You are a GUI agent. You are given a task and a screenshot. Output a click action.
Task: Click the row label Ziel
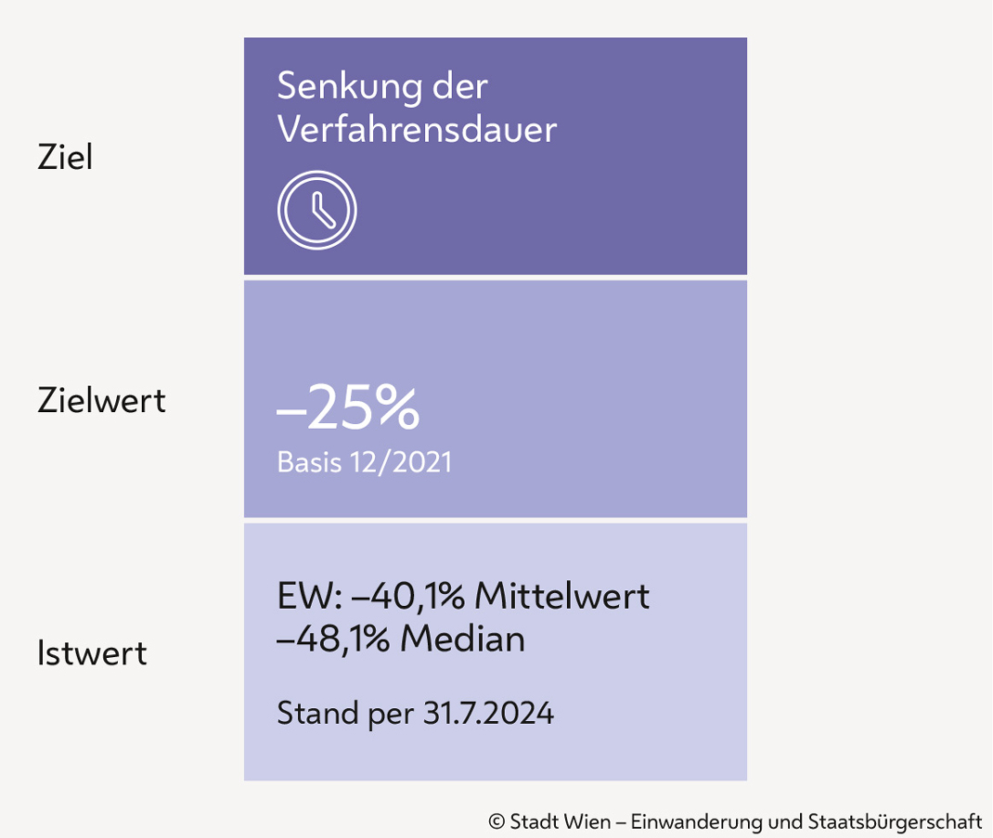(65, 158)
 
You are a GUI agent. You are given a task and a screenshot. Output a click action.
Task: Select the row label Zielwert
(101, 401)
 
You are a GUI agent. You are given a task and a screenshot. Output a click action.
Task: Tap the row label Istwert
(92, 653)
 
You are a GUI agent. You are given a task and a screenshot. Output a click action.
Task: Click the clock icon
(316, 210)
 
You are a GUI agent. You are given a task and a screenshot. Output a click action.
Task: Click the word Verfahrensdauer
(417, 130)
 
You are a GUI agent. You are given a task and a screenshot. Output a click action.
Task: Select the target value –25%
(348, 411)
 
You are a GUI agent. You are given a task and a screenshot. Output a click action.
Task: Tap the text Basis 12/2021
(364, 462)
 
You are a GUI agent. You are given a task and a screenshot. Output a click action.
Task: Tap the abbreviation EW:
(301, 595)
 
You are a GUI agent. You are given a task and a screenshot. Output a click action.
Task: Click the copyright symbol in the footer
(496, 821)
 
